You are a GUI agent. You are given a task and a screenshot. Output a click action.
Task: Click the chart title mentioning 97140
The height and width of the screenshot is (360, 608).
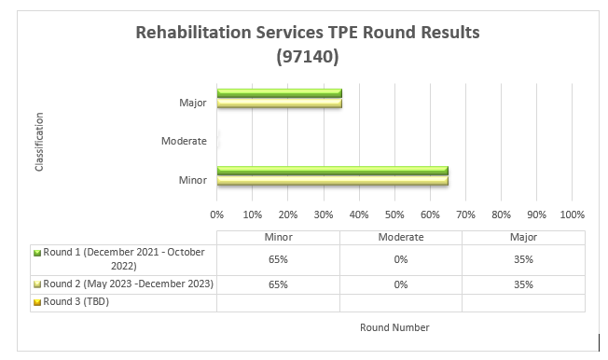click(307, 44)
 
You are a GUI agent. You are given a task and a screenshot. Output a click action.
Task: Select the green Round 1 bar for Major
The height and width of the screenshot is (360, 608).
click(279, 93)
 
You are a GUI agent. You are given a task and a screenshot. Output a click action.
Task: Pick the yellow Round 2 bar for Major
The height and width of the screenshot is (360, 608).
click(279, 103)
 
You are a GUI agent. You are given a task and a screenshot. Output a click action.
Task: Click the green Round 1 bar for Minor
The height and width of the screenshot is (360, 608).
click(332, 170)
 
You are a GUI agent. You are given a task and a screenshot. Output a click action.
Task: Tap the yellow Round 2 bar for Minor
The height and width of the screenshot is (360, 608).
click(332, 179)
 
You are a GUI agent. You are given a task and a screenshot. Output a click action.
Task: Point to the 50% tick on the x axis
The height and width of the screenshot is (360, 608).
click(394, 214)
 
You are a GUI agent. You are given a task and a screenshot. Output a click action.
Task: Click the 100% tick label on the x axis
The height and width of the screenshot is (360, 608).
click(572, 214)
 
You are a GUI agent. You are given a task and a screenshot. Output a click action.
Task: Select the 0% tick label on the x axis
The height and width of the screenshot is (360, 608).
click(217, 214)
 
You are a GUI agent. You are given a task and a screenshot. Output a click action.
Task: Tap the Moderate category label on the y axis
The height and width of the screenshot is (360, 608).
click(185, 141)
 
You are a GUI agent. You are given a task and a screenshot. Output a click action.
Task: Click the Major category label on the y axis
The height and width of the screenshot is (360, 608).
click(192, 103)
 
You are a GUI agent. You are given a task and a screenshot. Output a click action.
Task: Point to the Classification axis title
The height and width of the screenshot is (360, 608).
click(39, 142)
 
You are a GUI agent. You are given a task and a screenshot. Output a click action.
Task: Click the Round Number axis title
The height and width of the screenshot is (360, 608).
click(394, 327)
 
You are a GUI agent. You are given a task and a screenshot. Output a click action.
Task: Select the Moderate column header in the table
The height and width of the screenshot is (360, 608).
click(401, 237)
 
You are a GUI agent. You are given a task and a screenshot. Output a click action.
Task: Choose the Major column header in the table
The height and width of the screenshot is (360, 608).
click(523, 237)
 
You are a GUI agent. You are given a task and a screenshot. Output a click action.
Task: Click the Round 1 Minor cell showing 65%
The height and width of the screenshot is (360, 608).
click(278, 258)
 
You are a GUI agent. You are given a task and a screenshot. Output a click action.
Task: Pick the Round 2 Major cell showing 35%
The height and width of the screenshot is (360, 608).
click(523, 284)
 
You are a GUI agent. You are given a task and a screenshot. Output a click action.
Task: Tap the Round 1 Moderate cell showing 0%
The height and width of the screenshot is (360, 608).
click(401, 258)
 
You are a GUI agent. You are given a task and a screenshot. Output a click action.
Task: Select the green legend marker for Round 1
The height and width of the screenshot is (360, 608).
click(36, 253)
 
